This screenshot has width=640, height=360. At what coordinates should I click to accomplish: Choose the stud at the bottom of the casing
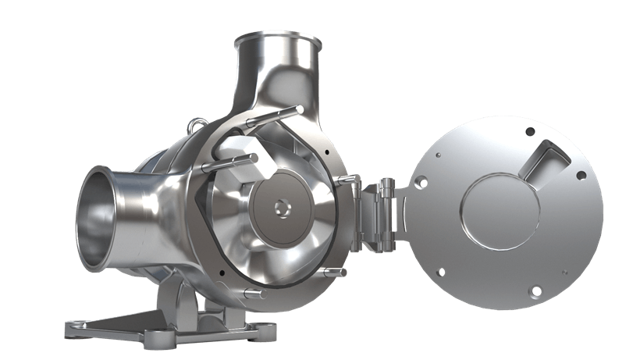click(248, 294)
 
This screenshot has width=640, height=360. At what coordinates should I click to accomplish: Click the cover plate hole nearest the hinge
click(421, 184)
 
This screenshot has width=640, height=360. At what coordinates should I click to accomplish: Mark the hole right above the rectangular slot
click(530, 131)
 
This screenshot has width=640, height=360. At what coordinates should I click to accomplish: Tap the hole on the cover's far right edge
click(581, 175)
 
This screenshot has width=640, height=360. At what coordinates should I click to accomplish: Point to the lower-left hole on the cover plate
click(441, 273)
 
